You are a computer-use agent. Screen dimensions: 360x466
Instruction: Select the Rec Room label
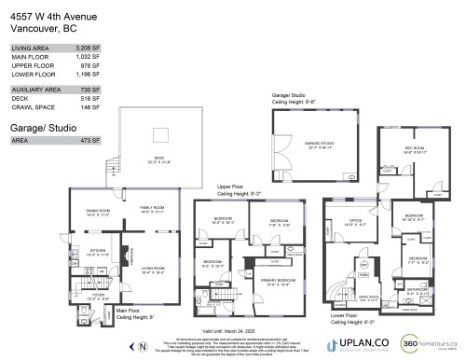point(415,150)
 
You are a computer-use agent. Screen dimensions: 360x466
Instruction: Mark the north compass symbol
point(141,345)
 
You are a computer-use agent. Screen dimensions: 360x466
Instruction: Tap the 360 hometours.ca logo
point(427,343)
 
